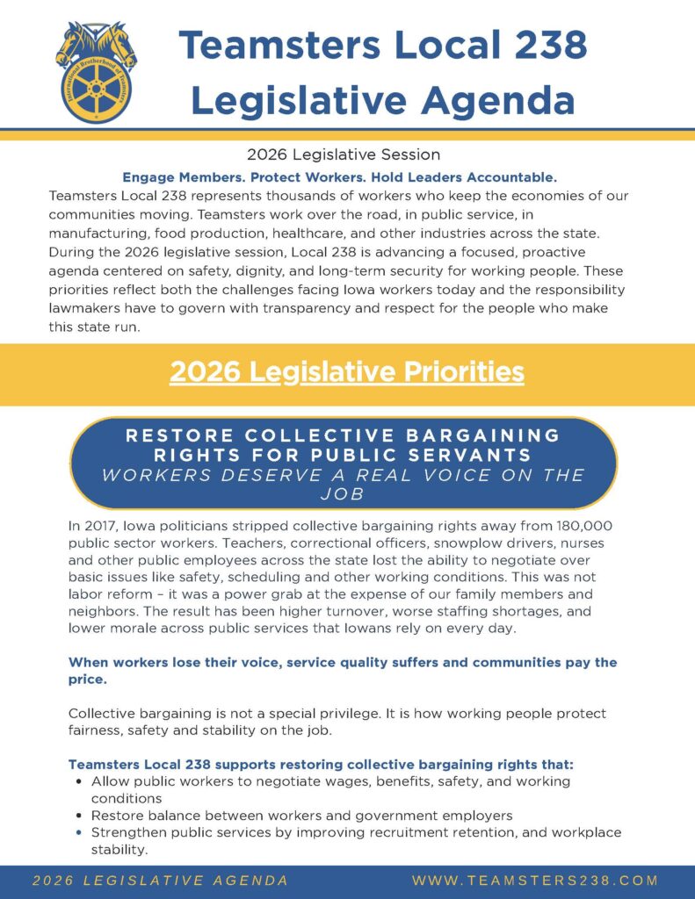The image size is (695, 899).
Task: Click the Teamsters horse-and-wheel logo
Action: click(96, 72)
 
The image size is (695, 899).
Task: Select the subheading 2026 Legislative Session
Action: click(344, 155)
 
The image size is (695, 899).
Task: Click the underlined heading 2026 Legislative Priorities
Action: click(347, 372)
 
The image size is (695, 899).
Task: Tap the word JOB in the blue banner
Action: click(344, 494)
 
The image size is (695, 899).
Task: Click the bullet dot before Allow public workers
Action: click(80, 780)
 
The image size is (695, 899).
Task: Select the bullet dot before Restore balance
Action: click(80, 815)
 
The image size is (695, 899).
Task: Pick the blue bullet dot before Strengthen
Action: click(80, 832)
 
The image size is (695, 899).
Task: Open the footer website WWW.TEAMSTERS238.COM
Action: click(535, 881)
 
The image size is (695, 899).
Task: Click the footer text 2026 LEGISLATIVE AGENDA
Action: click(160, 881)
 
